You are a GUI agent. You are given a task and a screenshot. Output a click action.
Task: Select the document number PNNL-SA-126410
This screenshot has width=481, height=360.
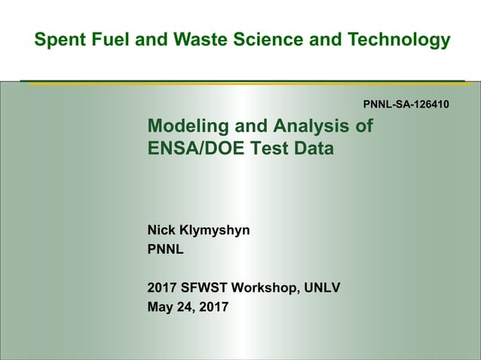pyautogui.click(x=406, y=103)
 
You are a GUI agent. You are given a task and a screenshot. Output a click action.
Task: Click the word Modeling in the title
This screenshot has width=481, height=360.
pyautogui.click(x=185, y=126)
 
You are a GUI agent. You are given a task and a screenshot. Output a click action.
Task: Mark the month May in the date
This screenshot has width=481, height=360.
pyautogui.click(x=161, y=307)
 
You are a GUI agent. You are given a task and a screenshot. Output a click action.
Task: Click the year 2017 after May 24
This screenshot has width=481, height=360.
pyautogui.click(x=214, y=307)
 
